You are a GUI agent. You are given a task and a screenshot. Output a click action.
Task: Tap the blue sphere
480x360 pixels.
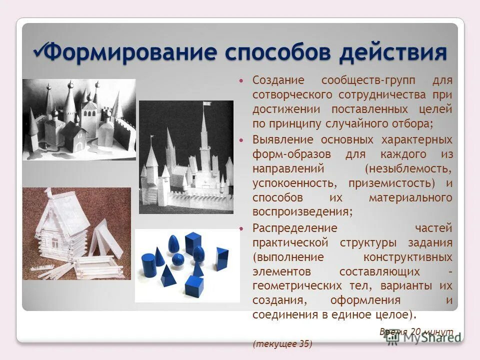click(x=177, y=259)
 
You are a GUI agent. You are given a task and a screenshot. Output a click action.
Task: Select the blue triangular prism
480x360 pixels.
click(x=221, y=258)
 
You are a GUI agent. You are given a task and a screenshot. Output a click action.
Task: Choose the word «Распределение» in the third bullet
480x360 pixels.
click(x=295, y=228)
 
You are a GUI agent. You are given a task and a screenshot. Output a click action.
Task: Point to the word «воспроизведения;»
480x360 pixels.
click(x=302, y=211)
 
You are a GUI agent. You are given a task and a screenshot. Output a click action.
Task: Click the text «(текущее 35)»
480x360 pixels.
click(x=282, y=343)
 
